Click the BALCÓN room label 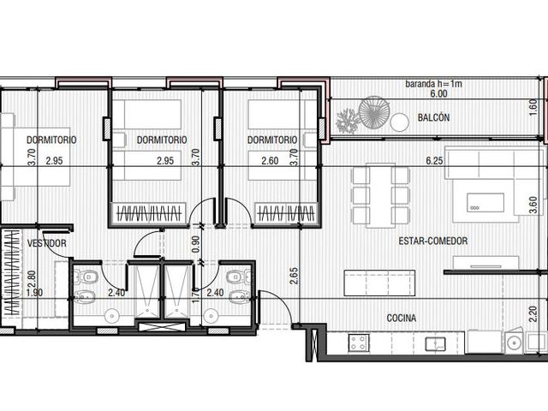433,117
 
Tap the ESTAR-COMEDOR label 433,241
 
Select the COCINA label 402,318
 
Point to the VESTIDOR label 47,243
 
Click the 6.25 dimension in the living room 434,161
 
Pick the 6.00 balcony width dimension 438,93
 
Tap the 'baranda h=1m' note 434,84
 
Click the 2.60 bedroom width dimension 270,161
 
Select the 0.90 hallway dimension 196,244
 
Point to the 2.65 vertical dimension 294,276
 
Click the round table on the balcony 400,122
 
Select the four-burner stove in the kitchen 359,342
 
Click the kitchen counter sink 435,343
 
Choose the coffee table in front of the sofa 485,203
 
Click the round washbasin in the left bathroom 112,316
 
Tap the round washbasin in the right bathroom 211,316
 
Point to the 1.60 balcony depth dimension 533,108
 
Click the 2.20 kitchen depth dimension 533,314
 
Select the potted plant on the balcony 347,121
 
